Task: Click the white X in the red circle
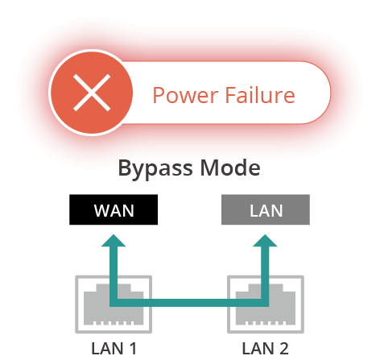pos(92,93)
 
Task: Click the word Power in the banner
pos(185,95)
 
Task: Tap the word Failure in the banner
pos(260,95)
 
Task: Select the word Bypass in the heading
pos(155,168)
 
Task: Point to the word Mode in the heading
pos(230,168)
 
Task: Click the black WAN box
pos(114,209)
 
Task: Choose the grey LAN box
pos(266,209)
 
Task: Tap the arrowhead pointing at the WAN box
pos(114,241)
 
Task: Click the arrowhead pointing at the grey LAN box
pos(265,241)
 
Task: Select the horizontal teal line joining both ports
pos(189,303)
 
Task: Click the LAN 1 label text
pos(114,349)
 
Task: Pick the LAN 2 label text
pos(265,349)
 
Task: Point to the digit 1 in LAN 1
pos(132,349)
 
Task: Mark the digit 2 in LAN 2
pos(283,349)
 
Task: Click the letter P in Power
pos(159,95)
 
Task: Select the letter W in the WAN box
pos(101,211)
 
